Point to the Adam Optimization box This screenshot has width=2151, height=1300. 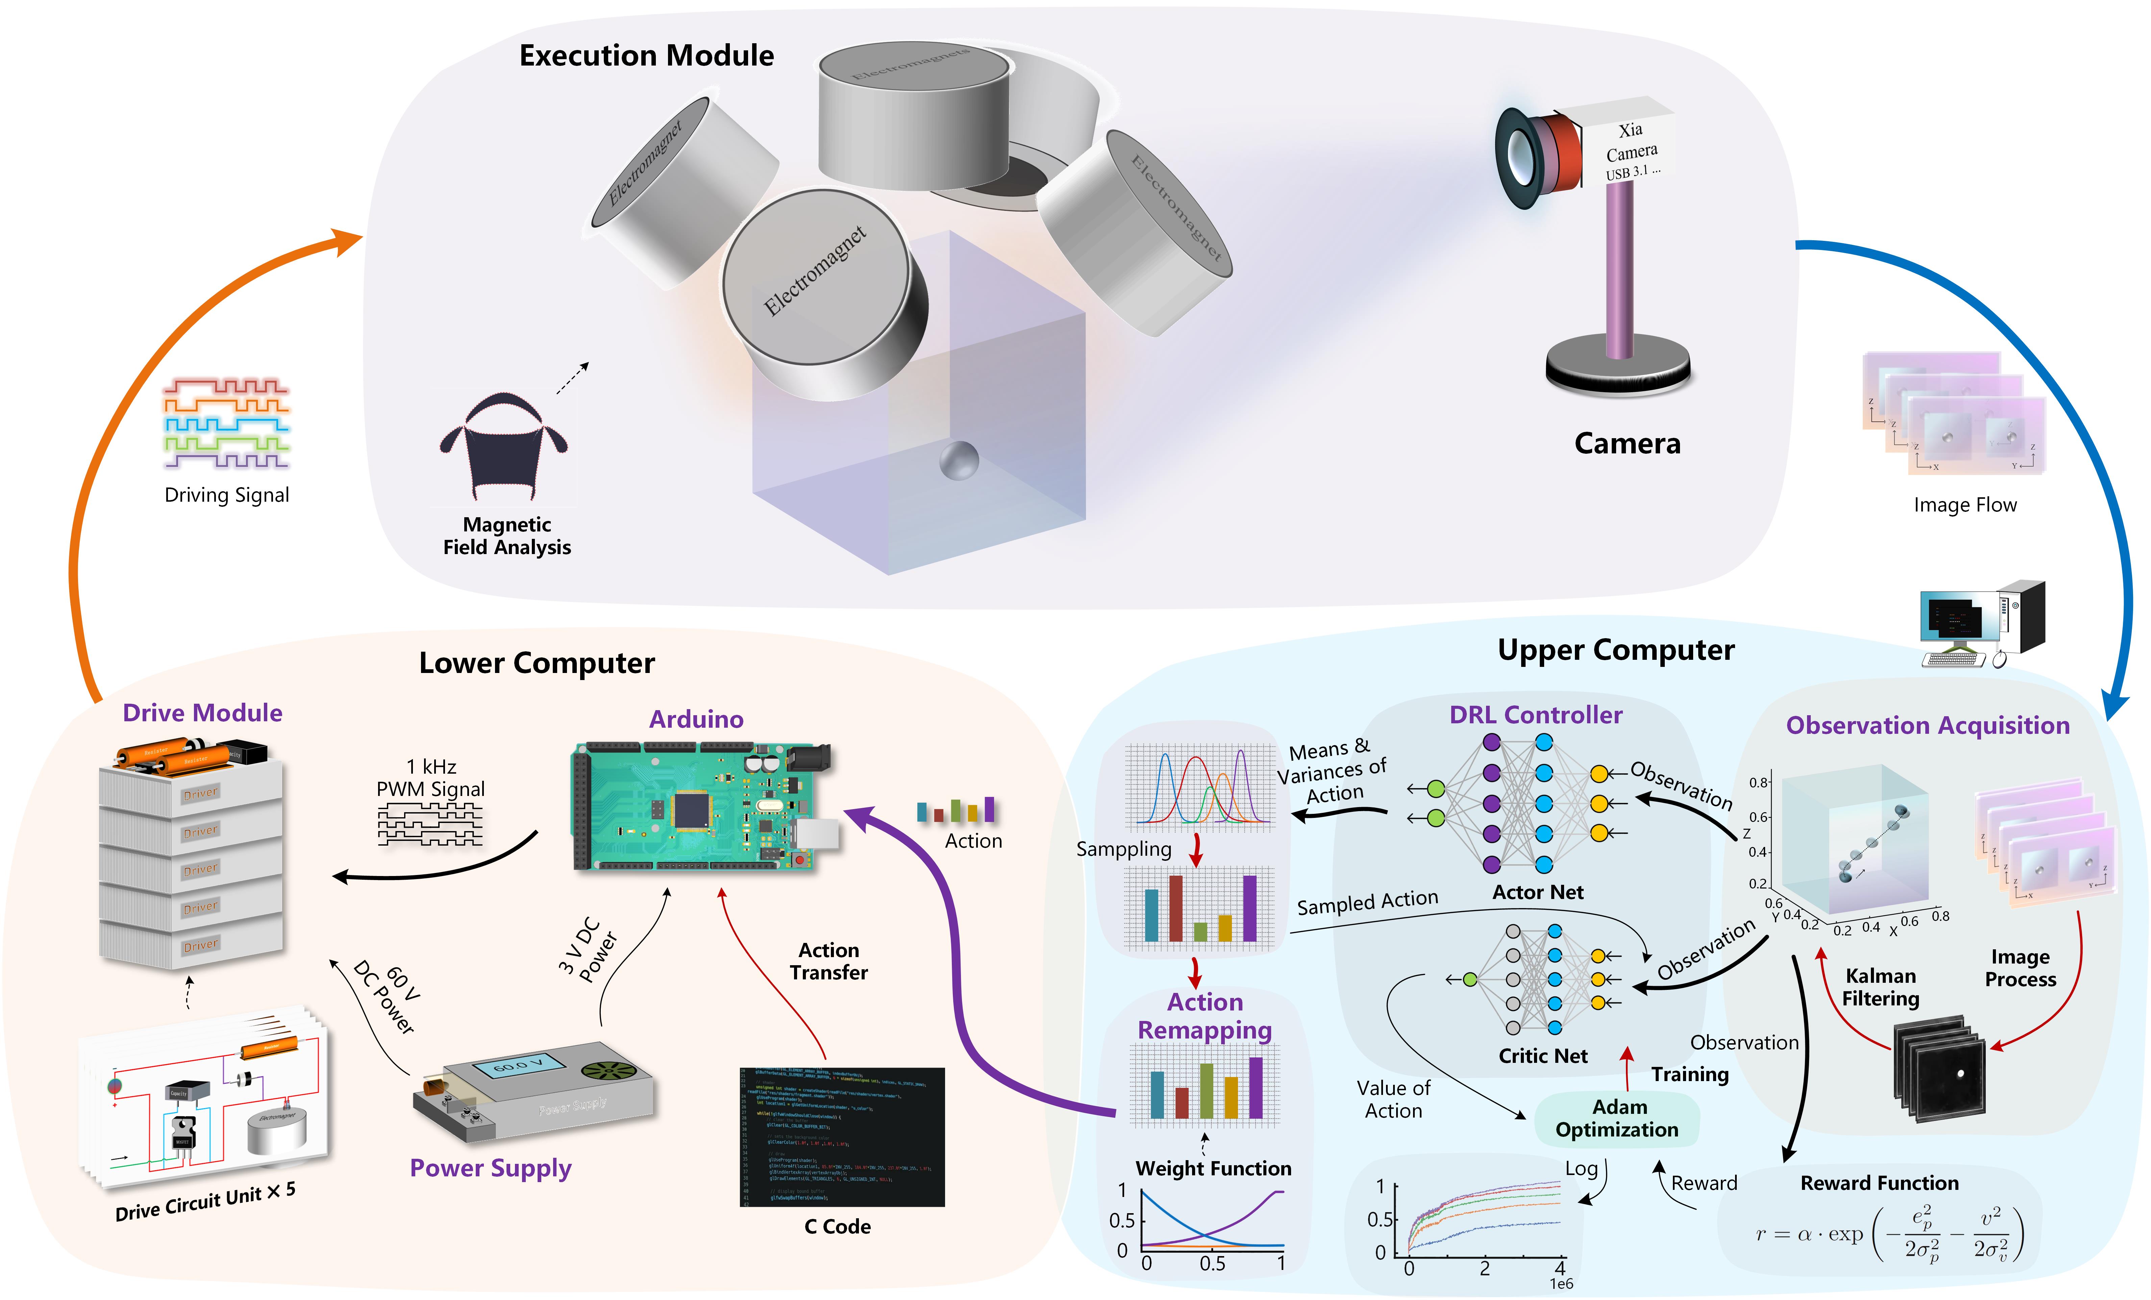[x=1617, y=1118]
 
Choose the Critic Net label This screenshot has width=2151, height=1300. [x=1542, y=1055]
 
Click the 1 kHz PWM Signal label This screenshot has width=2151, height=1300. [x=430, y=778]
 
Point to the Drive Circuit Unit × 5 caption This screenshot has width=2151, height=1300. [x=205, y=1202]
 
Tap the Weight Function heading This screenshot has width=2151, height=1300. [x=1213, y=1168]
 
